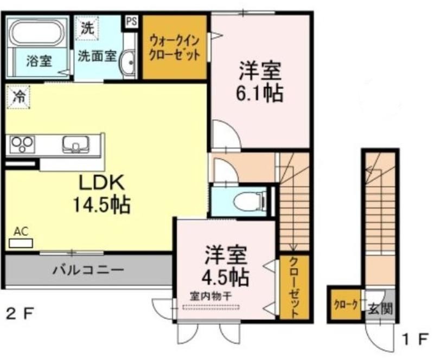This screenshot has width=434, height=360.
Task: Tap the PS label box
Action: [x=132, y=22]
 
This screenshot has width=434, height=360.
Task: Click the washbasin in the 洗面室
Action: [x=127, y=63]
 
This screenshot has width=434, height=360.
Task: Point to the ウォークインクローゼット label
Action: [x=174, y=47]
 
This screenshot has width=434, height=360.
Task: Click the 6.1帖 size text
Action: [x=260, y=94]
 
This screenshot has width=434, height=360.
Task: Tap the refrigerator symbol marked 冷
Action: [x=18, y=97]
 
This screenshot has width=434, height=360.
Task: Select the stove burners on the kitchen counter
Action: [x=22, y=144]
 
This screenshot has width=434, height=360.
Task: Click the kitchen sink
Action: [x=75, y=144]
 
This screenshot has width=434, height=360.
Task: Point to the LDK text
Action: [x=103, y=183]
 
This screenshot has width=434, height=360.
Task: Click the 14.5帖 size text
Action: [x=101, y=205]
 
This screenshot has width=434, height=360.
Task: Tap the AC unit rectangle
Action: [x=21, y=243]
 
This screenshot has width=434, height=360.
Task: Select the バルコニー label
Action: [x=88, y=270]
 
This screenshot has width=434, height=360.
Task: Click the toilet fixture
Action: [x=248, y=201]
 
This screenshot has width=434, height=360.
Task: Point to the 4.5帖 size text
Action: [x=225, y=277]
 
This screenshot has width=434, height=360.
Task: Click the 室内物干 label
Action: [x=210, y=297]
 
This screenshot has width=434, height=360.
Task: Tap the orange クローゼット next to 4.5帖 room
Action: [x=294, y=287]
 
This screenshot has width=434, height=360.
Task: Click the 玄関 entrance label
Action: [x=381, y=308]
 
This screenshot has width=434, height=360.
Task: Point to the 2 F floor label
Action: [x=20, y=314]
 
